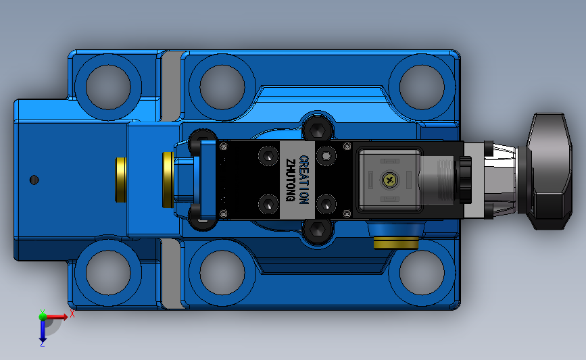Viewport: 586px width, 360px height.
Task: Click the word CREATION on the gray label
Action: pos(304,180)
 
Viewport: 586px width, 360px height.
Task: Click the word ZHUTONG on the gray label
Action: pos(291,180)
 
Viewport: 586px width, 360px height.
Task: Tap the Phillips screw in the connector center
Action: pos(389,180)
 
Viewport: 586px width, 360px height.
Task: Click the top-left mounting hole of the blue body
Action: pos(108,87)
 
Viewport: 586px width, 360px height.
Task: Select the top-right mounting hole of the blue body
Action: pos(422,87)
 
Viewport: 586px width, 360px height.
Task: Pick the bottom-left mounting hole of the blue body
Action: pos(108,273)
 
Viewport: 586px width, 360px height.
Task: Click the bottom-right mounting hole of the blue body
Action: pos(422,273)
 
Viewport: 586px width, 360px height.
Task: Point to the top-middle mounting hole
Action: pos(222,87)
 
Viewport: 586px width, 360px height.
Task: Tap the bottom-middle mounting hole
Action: pos(222,273)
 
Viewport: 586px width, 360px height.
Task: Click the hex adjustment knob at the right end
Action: pos(550,171)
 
